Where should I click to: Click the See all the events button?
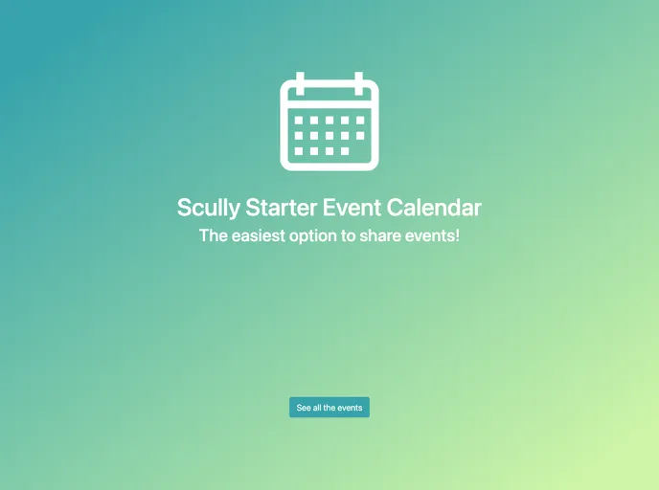(329, 408)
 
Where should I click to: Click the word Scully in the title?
(208, 208)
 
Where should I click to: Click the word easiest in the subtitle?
(259, 235)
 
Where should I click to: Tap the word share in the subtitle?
(380, 235)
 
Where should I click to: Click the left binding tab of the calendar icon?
(300, 83)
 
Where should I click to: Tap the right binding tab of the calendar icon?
(359, 83)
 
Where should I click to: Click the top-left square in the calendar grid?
(299, 121)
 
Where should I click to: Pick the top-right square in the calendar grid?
(360, 121)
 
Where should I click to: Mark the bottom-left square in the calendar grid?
(299, 151)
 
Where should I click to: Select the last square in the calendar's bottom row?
(345, 151)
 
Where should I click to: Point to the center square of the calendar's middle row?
(329, 136)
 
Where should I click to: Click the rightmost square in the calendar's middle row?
(360, 136)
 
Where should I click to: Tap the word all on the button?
(318, 408)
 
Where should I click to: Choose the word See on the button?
(304, 408)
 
